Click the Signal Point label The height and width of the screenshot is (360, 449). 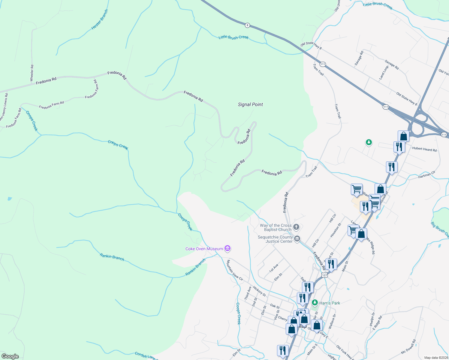[x=250, y=104]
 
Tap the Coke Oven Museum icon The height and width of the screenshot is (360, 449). [x=228, y=248]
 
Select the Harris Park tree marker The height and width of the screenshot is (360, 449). [x=315, y=303]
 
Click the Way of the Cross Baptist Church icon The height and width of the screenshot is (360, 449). [x=296, y=227]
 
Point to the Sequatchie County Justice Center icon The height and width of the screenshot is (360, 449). [x=297, y=239]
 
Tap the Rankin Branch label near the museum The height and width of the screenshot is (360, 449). [x=195, y=267]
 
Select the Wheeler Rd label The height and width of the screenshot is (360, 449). [x=32, y=73]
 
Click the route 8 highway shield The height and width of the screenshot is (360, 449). [x=247, y=25]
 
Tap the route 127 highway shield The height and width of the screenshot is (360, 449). [x=324, y=275]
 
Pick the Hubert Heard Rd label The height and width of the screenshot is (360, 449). [x=424, y=149]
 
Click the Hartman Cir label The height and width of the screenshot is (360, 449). [x=426, y=175]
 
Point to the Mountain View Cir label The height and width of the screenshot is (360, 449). [x=234, y=270]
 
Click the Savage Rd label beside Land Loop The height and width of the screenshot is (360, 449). [x=392, y=65]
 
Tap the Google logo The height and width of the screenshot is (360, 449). [x=10, y=356]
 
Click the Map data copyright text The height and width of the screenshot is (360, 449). [x=436, y=358]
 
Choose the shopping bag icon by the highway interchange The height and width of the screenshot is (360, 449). [x=403, y=136]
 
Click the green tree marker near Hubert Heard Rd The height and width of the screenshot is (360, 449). [x=369, y=142]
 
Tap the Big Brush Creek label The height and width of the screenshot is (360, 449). [x=439, y=229]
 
